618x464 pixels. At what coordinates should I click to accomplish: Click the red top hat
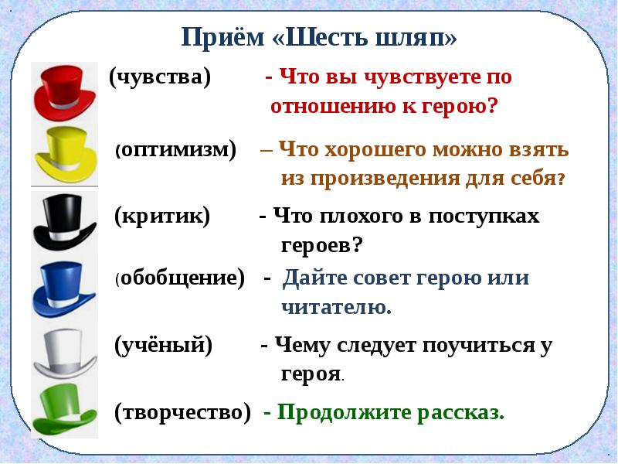click(x=64, y=92)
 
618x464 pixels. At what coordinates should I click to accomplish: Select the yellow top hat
click(x=66, y=155)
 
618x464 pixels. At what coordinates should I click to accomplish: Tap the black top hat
click(x=64, y=222)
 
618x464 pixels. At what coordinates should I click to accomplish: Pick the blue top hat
click(x=64, y=289)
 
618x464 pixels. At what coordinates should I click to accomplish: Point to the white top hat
click(x=65, y=354)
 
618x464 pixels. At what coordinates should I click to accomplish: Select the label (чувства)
click(x=160, y=77)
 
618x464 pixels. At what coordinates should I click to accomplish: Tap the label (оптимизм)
click(x=176, y=150)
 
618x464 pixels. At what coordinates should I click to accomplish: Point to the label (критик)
click(x=162, y=217)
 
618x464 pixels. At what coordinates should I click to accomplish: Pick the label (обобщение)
click(x=180, y=278)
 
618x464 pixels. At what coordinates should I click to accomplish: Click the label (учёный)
click(x=163, y=345)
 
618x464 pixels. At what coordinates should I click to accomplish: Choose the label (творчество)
click(x=182, y=413)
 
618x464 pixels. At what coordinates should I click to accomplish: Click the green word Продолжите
click(x=345, y=413)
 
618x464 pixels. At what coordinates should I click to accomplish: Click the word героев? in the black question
click(x=321, y=245)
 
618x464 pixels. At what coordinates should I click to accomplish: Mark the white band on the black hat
click(x=65, y=236)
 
